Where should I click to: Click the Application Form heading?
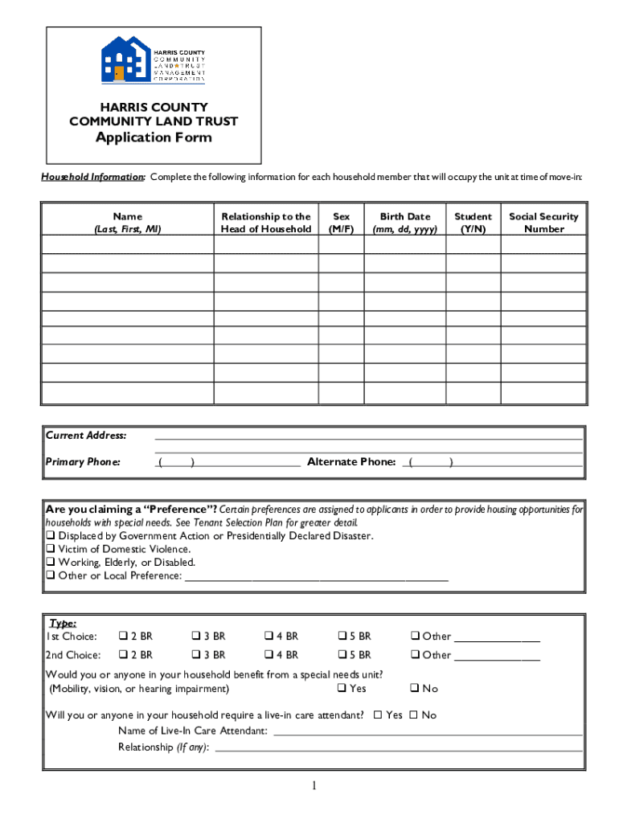pyautogui.click(x=154, y=137)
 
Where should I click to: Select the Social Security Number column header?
pyautogui.click(x=543, y=223)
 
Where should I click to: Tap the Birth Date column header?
pyautogui.click(x=404, y=223)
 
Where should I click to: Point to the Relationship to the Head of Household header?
pyautogui.click(x=265, y=223)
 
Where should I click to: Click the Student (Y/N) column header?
pyautogui.click(x=473, y=223)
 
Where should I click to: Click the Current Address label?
pyautogui.click(x=86, y=436)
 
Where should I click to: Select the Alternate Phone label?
pyautogui.click(x=351, y=462)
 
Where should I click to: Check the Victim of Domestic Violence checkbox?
pyautogui.click(x=51, y=550)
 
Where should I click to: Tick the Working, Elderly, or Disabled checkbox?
pyautogui.click(x=51, y=563)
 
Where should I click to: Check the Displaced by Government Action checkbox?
pyautogui.click(x=51, y=536)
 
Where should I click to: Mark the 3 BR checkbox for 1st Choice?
pyautogui.click(x=196, y=637)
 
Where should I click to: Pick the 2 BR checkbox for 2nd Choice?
pyautogui.click(x=124, y=655)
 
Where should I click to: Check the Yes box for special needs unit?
pyautogui.click(x=342, y=689)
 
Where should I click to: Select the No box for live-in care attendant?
pyautogui.click(x=414, y=715)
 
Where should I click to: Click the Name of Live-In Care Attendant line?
pyautogui.click(x=428, y=732)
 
